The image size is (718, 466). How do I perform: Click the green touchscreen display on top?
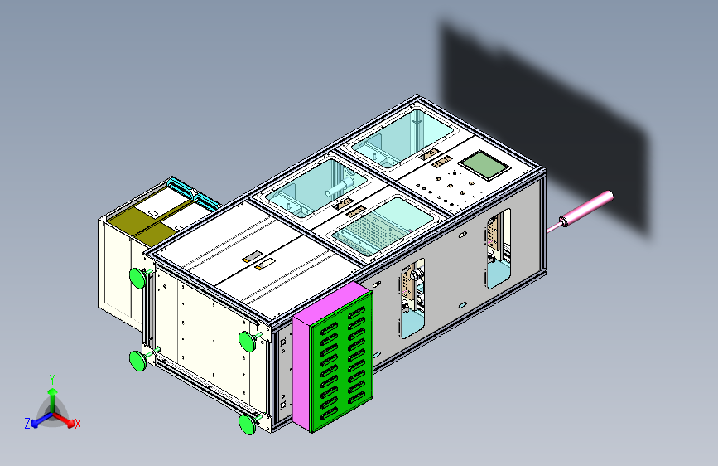[485, 164]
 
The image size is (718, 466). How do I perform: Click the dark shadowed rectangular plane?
[538, 116]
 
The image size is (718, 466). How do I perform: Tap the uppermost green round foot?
[138, 277]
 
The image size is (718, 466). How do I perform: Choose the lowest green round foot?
[247, 425]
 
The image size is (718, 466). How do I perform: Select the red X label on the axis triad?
[78, 424]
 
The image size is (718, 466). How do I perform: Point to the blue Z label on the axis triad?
[27, 423]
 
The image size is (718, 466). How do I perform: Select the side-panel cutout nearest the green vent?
[412, 300]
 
